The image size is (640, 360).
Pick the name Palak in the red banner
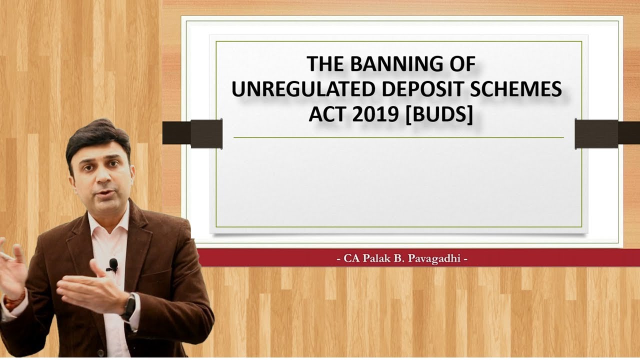click(x=377, y=258)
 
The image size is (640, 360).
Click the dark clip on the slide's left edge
click(x=192, y=133)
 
